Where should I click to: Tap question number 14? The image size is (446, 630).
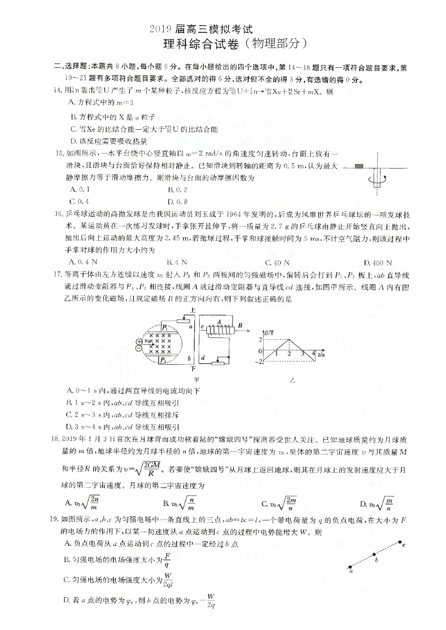coord(57,90)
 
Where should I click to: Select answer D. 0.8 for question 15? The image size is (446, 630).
coord(178,202)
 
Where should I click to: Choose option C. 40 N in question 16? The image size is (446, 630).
coord(277,263)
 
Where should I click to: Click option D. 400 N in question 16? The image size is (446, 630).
coord(378,263)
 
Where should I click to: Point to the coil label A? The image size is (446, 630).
coord(219,322)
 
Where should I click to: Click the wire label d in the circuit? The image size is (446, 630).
coord(203,357)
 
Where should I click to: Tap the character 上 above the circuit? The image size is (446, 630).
coord(193,310)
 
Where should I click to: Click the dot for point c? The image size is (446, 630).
coord(400,542)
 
